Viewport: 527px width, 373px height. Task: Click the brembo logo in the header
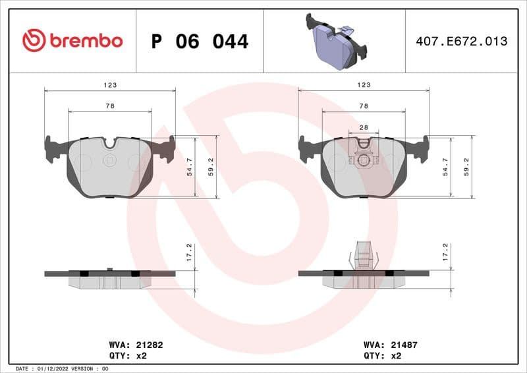click(72, 40)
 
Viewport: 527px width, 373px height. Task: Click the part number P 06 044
click(200, 42)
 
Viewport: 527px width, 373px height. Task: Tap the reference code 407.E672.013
click(461, 42)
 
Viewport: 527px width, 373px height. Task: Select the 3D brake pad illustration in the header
click(335, 40)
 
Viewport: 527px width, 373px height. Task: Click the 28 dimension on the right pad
click(364, 127)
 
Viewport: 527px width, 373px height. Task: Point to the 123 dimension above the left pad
click(110, 85)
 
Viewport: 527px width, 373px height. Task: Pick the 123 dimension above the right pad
click(364, 85)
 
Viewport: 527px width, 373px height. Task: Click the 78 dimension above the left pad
click(110, 106)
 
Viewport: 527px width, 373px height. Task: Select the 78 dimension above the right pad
click(364, 106)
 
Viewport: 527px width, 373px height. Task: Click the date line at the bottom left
click(61, 368)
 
